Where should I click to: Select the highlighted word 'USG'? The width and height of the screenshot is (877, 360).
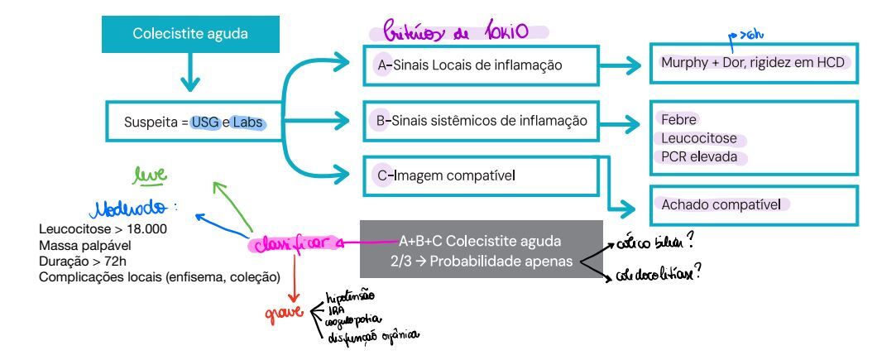coord(205,122)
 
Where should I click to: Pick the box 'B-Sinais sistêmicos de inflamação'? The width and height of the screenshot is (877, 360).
coord(481,121)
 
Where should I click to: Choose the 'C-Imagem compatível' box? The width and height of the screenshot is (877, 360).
coord(480,175)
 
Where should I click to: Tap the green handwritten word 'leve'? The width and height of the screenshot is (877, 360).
coord(150,175)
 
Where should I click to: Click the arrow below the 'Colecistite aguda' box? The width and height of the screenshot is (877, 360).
coord(190,77)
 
